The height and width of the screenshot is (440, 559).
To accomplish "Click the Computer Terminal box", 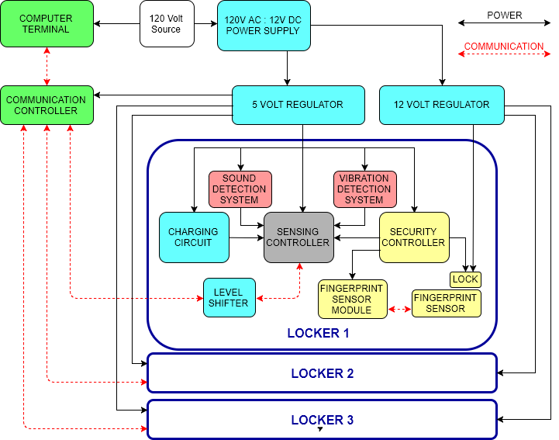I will click(47, 23).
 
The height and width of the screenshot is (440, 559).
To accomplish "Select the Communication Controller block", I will click(47, 105).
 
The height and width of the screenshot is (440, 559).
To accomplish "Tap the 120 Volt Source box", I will click(167, 23).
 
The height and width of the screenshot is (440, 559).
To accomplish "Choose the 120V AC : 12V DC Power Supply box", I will click(264, 26).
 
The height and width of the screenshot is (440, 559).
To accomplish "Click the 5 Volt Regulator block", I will click(298, 105).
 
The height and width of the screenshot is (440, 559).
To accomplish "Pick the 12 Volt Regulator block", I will click(441, 105).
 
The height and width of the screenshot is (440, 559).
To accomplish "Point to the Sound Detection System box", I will click(240, 189).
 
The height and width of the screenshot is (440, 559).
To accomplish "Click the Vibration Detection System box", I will click(364, 189).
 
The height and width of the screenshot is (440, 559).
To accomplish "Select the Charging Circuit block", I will click(194, 237).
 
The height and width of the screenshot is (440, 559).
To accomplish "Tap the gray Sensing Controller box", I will click(298, 237).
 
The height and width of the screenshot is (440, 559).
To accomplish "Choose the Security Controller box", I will click(414, 237).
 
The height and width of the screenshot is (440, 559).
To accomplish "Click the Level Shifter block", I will click(229, 297).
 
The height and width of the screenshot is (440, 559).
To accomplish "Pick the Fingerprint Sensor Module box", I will click(352, 299).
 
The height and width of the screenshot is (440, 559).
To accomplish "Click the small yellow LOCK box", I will click(465, 279).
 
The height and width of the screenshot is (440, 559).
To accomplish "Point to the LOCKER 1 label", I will click(319, 334).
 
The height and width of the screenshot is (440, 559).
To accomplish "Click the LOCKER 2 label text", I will click(323, 374).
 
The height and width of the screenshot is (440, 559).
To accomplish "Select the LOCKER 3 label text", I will click(323, 421).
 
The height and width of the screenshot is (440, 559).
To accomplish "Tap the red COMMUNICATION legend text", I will click(504, 47).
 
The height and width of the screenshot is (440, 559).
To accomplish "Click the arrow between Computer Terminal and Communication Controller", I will click(47, 66).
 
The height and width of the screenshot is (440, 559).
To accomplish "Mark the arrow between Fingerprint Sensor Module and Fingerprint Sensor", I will click(399, 309).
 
